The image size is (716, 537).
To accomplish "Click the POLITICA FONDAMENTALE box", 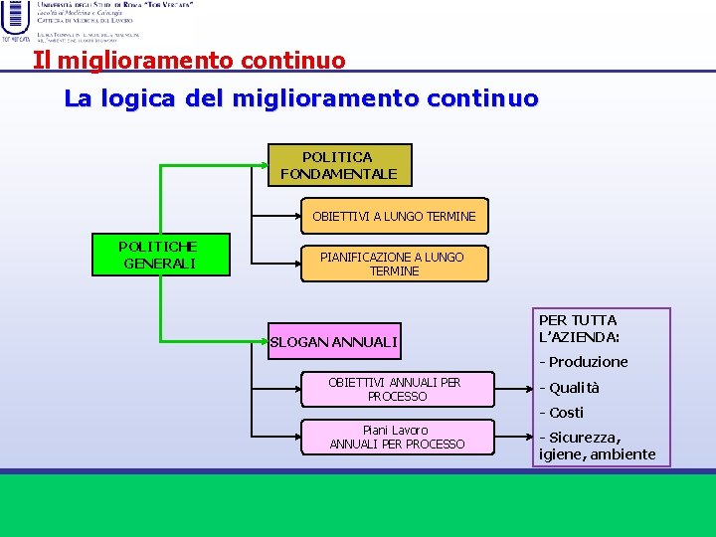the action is [x=339, y=165].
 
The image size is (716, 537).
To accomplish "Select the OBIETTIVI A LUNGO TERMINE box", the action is [x=394, y=216].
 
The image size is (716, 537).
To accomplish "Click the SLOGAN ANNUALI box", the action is [x=334, y=342].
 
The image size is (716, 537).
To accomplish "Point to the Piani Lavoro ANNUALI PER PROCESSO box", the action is [x=398, y=438].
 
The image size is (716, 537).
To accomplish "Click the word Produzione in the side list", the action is [x=588, y=362].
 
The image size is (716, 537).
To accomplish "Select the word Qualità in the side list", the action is [x=576, y=388].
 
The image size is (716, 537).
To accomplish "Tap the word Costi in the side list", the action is [x=566, y=413].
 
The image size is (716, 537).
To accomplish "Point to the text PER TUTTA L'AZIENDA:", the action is [x=579, y=328].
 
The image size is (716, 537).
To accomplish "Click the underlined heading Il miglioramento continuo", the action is [x=189, y=61].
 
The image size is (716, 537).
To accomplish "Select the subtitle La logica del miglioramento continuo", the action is [x=300, y=99].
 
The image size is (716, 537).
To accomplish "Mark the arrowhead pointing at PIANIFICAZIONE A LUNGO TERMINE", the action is [x=295, y=264].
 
